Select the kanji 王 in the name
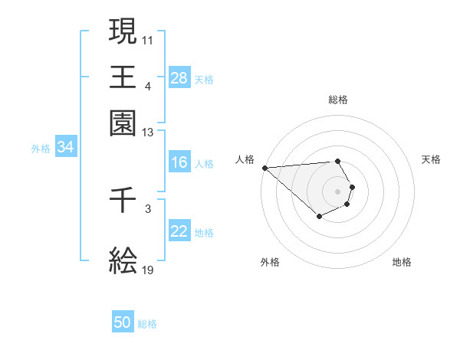123,77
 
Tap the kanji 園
123,123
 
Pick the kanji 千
123,203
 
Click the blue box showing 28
179,78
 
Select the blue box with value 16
179,162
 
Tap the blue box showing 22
179,231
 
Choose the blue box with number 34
65,148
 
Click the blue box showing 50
123,322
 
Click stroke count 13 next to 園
148,133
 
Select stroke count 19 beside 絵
148,270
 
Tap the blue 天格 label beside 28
204,79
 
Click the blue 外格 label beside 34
41,149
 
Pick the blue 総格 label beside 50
147,324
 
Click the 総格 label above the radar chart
337,100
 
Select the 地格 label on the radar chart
402,262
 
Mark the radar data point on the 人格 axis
264,168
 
